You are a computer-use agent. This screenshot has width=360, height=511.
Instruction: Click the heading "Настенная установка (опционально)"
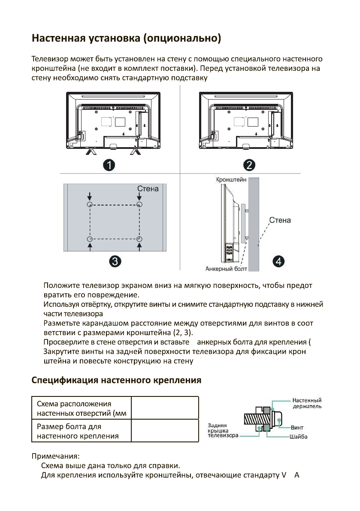[x=127, y=40]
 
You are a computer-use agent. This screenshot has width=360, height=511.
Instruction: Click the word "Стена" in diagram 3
[x=148, y=189]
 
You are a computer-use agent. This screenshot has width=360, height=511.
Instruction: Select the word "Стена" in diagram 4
[x=280, y=221]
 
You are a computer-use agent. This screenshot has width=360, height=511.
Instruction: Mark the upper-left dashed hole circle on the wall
[x=90, y=205]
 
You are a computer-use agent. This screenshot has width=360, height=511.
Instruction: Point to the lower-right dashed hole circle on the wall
[x=139, y=239]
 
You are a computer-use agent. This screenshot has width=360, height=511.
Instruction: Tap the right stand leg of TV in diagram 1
[x=135, y=151]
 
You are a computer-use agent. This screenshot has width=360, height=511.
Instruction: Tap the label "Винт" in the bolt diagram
[x=297, y=427]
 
